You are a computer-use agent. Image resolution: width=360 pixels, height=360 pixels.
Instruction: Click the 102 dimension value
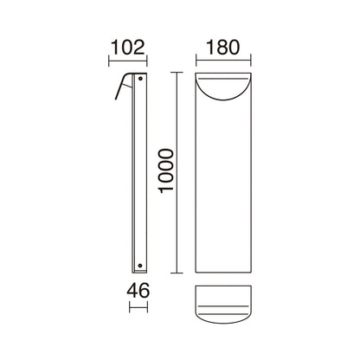[127, 48]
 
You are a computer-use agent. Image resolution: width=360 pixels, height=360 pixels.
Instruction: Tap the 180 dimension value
[223, 48]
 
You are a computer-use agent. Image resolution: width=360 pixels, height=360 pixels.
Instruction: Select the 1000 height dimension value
[167, 170]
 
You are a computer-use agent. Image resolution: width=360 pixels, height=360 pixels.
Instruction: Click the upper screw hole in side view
[140, 78]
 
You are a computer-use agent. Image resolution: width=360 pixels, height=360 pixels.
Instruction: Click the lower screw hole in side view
[140, 265]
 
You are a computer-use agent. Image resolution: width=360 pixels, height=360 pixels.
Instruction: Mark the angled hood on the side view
[123, 86]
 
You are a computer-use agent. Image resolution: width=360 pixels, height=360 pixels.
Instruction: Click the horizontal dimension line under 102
[128, 61]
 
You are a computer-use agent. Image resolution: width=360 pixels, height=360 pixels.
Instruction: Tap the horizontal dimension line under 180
[223, 61]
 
